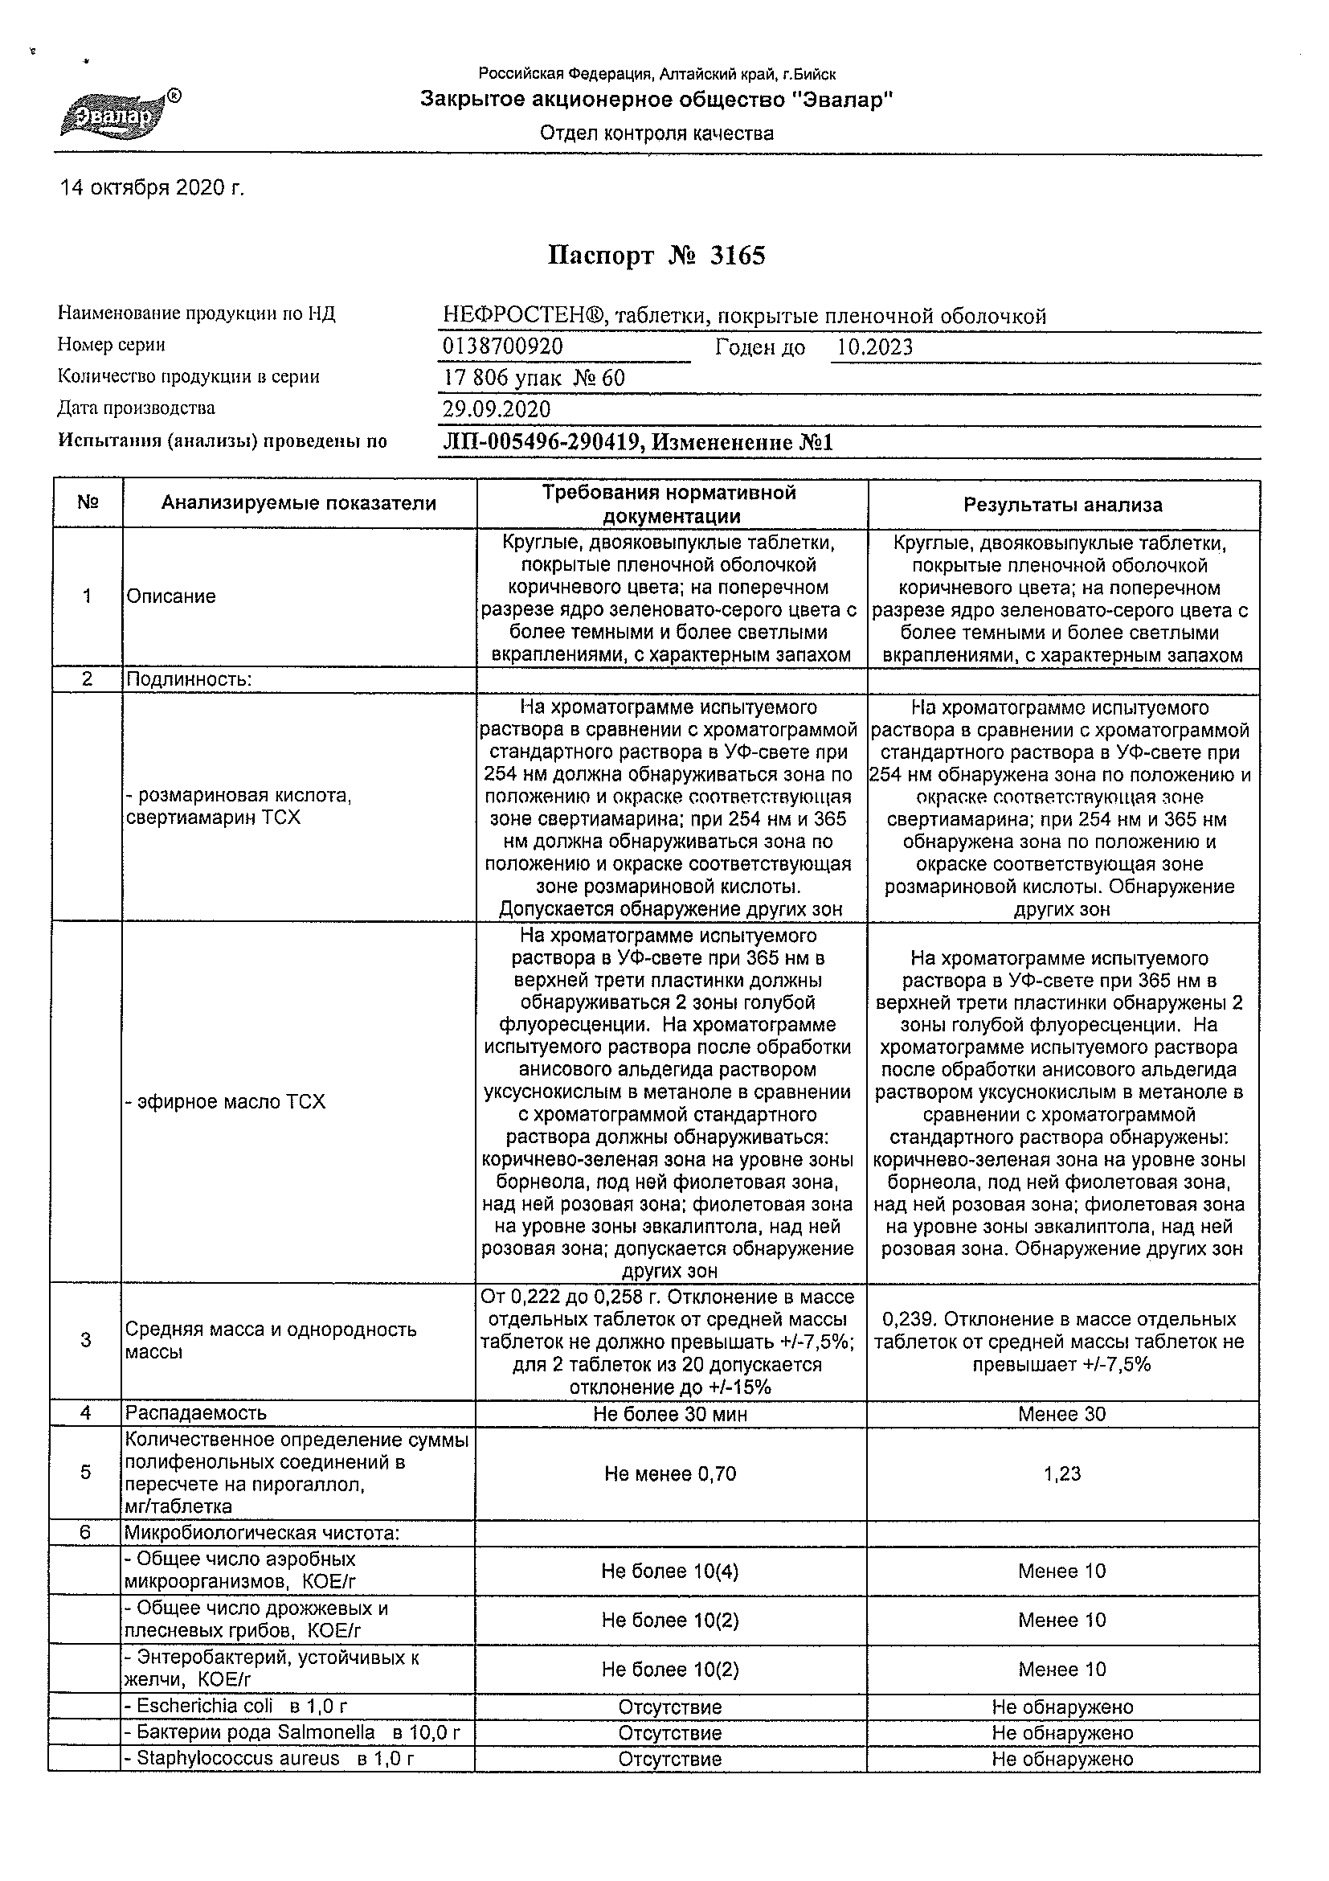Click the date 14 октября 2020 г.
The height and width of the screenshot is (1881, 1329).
153,188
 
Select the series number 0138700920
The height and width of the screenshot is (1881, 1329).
503,346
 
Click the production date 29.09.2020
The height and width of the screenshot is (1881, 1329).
497,409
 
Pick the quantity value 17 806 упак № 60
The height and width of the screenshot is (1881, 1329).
533,378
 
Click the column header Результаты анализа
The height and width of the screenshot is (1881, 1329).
1062,505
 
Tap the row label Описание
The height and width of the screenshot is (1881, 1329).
171,596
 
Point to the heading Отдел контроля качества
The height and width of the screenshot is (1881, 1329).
656,133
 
